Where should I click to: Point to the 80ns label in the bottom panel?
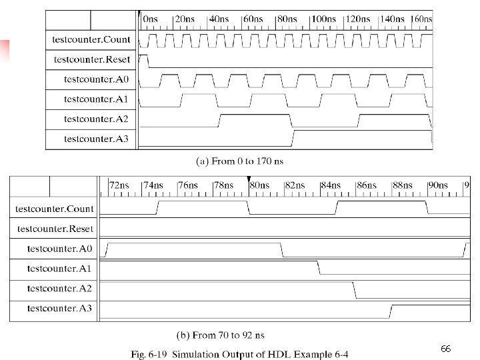coord(259,185)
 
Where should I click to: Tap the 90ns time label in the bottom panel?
coord(437,185)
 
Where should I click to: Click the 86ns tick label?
coord(367,185)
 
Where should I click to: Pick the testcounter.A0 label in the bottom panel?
coord(59,249)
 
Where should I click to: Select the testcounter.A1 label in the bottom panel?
coord(59,269)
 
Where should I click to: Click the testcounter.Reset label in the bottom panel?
coord(55,229)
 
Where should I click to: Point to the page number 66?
coord(446,349)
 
